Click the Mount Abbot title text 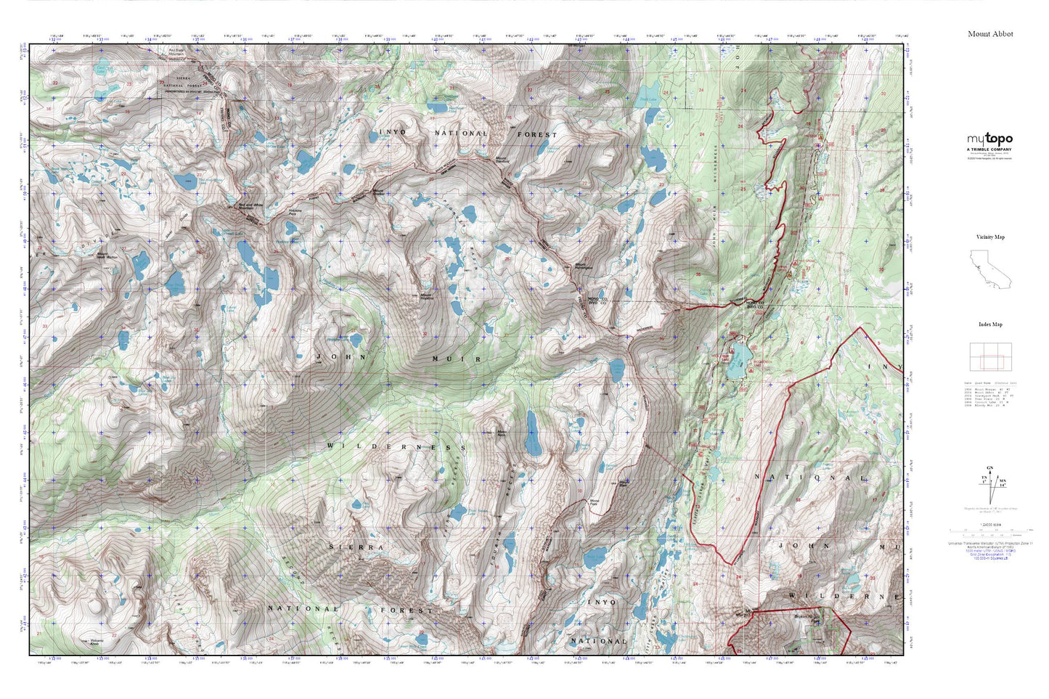(990, 34)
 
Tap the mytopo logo (989, 139)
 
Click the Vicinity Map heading (990, 237)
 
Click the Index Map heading (990, 324)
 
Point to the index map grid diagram (990, 356)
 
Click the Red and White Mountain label (250, 206)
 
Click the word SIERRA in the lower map (356, 547)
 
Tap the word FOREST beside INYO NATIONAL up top (537, 134)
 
